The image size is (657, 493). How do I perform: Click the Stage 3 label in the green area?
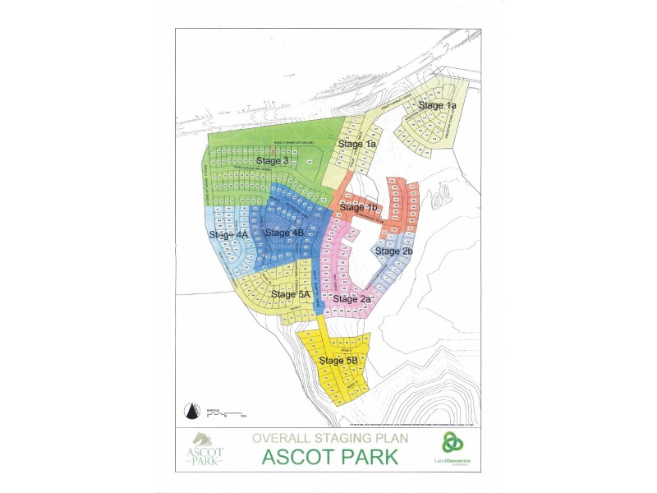click(x=272, y=161)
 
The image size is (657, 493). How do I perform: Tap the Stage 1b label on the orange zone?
click(x=358, y=207)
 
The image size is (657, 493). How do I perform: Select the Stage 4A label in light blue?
click(x=228, y=234)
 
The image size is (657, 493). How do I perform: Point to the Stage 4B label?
click(x=285, y=233)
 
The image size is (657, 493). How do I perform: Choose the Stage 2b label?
click(x=393, y=250)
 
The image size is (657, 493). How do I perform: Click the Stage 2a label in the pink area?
click(x=353, y=298)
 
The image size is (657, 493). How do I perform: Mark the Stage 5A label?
click(x=291, y=293)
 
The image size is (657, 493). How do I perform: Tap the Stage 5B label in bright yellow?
click(x=338, y=361)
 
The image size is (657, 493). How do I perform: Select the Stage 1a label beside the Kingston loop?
click(x=438, y=105)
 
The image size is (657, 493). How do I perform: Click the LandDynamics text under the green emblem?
click(x=453, y=461)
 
